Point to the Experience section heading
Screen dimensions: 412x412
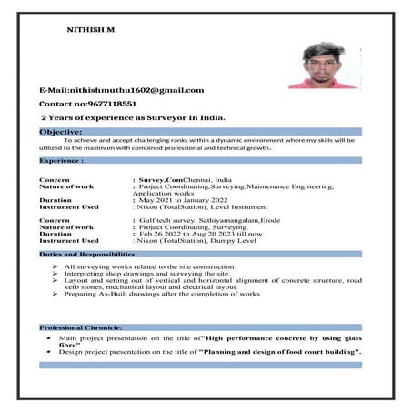coord(62,160)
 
